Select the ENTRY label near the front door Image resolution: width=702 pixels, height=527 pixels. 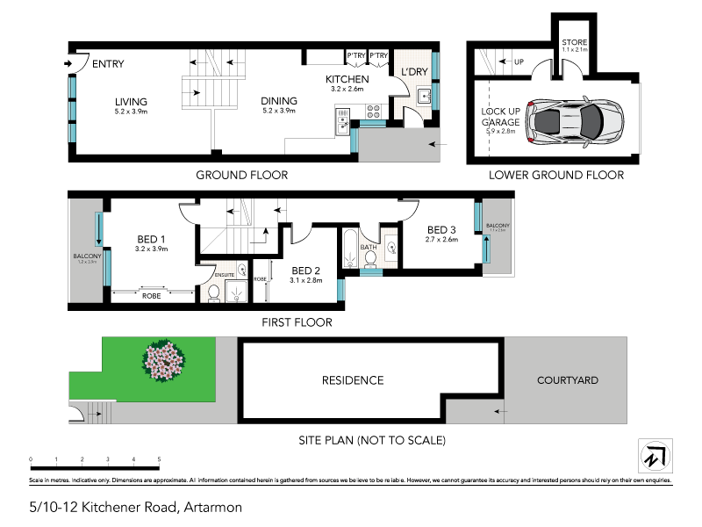click(108, 64)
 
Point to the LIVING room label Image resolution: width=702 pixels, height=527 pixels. click(130, 101)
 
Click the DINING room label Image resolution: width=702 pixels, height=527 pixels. click(279, 101)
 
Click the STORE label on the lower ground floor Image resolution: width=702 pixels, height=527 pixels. click(574, 42)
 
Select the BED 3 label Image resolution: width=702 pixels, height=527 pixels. click(442, 230)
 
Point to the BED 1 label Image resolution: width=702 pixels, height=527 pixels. click(152, 239)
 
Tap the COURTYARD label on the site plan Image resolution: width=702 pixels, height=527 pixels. click(568, 380)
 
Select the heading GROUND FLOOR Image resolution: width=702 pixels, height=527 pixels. click(241, 175)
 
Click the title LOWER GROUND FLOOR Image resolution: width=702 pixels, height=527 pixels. click(556, 175)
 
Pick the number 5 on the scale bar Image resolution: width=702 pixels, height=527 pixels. click(159, 459)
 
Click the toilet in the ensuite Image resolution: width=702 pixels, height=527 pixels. click(213, 294)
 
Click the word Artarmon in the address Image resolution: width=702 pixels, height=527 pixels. click(212, 507)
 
